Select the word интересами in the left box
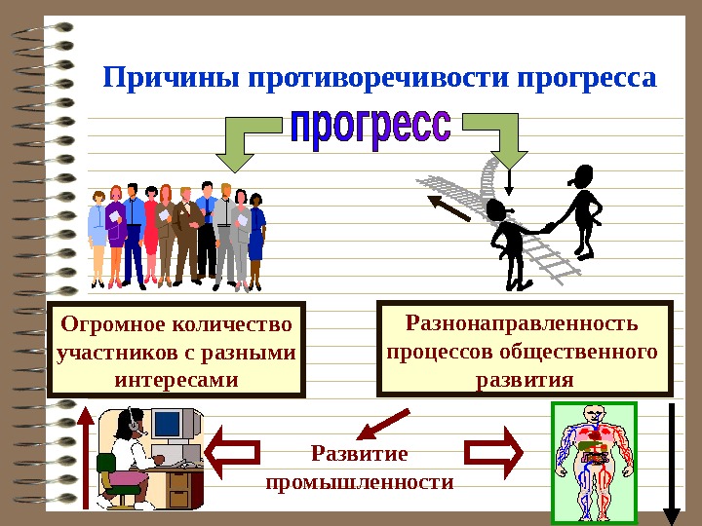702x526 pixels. (176, 378)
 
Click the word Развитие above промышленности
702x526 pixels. (359, 454)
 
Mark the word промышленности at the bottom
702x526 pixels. (359, 481)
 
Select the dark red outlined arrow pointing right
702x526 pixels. (493, 451)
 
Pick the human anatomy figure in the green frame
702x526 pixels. (593, 461)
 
